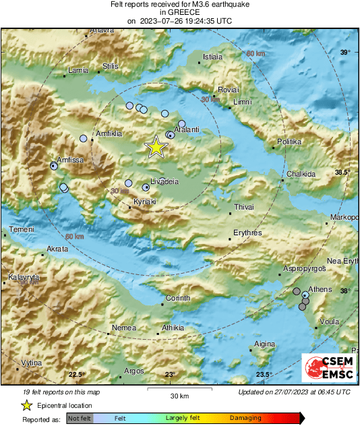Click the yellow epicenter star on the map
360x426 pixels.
pyautogui.click(x=156, y=146)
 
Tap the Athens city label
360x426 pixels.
pyautogui.click(x=321, y=289)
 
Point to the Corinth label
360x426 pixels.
pyautogui.click(x=179, y=298)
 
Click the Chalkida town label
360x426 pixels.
pyautogui.click(x=301, y=174)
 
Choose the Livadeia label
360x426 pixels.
pyautogui.click(x=164, y=182)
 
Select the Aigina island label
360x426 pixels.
pyautogui.click(x=264, y=344)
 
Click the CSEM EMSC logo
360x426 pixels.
pyautogui.click(x=325, y=368)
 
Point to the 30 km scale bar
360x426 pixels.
pyautogui.click(x=179, y=390)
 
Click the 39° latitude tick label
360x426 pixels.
pyautogui.click(x=344, y=52)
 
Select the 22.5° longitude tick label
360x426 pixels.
pyautogui.click(x=76, y=375)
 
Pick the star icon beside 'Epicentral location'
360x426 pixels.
pyautogui.click(x=26, y=405)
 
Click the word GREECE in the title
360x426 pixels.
pyautogui.click(x=180, y=12)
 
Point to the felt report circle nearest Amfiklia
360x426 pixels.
pyautogui.click(x=84, y=138)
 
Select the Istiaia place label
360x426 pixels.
pyautogui.click(x=212, y=57)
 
